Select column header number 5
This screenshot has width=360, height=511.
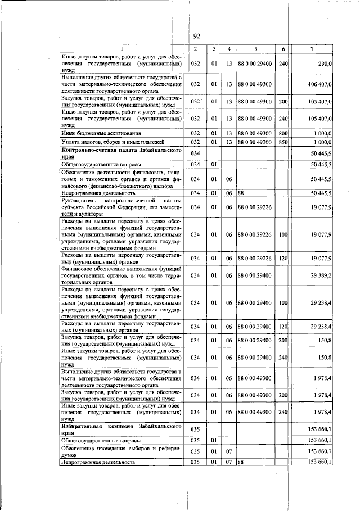[255, 49]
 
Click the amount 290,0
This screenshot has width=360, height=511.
[323, 64]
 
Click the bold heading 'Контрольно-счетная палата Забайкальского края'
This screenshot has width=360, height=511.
[121, 153]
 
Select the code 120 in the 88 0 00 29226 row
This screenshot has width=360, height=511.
[283, 258]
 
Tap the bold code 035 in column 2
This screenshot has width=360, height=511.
[195, 429]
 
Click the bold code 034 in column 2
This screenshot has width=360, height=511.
[195, 153]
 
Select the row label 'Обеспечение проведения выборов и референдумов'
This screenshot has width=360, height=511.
[121, 451]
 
